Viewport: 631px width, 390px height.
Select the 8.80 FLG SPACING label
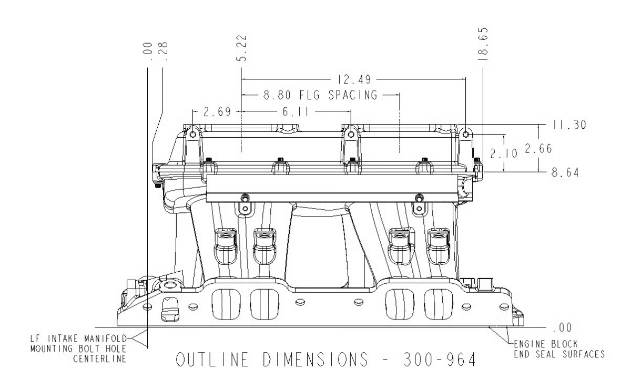320,96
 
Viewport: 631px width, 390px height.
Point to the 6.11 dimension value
296,112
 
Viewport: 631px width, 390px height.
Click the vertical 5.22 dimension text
242,50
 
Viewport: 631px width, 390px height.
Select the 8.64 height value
564,172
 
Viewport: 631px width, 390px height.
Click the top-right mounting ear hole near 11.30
465,134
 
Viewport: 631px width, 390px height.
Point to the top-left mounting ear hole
193,135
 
